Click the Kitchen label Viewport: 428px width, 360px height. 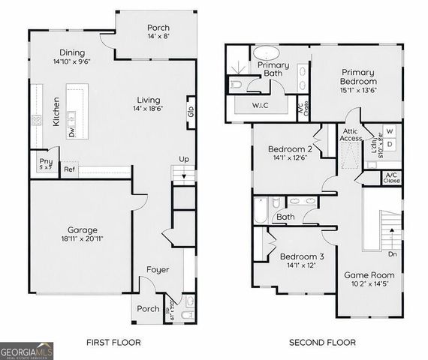56,111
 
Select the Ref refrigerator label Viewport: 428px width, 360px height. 69,170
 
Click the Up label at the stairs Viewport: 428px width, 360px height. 183,159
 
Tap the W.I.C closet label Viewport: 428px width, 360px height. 260,106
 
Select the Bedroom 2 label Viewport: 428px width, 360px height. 289,148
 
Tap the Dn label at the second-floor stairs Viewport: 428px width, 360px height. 391,253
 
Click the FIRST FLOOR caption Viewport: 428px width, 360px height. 113,343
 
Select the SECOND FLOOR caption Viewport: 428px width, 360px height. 323,343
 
